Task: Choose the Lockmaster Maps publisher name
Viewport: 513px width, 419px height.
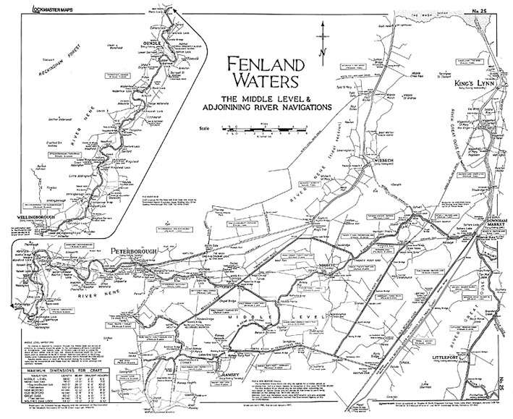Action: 46,8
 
